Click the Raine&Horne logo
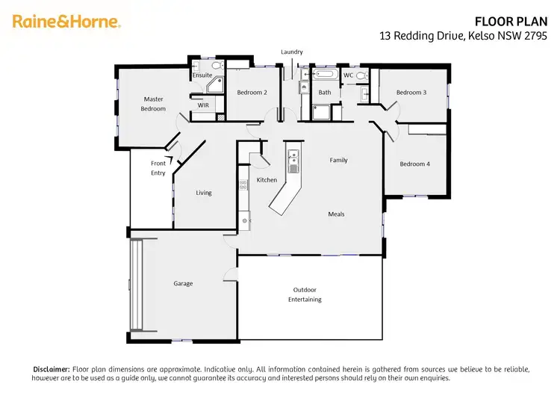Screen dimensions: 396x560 click(x=66, y=22)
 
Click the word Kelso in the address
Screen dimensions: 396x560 click(x=480, y=36)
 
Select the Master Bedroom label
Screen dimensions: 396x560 click(x=154, y=104)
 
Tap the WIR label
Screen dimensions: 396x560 click(x=203, y=105)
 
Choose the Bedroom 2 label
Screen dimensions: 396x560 click(x=252, y=93)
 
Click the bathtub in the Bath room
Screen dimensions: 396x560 click(x=325, y=75)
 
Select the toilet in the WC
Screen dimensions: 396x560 click(x=362, y=75)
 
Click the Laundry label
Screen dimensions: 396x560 click(x=292, y=52)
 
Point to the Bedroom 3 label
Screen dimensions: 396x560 click(x=411, y=93)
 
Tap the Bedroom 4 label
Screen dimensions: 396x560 click(x=414, y=164)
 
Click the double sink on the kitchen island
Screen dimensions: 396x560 click(x=294, y=158)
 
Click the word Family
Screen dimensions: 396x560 click(x=339, y=160)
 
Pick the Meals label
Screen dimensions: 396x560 click(x=336, y=214)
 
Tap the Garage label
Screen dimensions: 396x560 click(x=183, y=284)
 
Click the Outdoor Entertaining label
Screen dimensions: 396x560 click(x=305, y=294)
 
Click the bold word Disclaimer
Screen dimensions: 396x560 click(x=52, y=370)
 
